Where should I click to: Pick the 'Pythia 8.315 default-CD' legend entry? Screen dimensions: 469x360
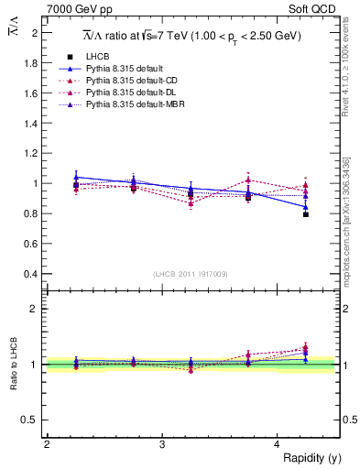(131, 82)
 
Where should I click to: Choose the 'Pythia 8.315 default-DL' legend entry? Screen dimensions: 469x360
(131, 93)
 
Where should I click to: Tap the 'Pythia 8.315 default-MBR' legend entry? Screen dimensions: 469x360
(134, 106)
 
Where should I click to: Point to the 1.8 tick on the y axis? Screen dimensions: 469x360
(34, 62)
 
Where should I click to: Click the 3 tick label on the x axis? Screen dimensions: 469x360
(162, 444)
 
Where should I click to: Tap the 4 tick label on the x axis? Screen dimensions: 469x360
(278, 444)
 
